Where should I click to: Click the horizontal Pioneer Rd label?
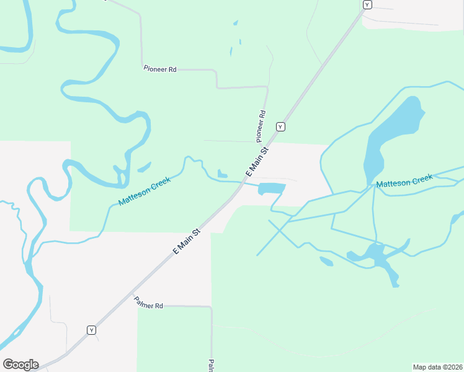160,69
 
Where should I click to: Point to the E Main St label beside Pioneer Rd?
257,160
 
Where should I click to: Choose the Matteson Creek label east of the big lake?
404,182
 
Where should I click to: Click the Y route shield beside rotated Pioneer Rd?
280,126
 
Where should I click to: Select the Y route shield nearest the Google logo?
91,330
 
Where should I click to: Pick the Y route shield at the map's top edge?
367,5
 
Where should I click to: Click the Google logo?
20,365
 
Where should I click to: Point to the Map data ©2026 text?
438,366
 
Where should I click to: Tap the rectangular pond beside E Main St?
271,188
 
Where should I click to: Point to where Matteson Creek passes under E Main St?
241,184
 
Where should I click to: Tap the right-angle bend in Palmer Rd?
211,306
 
